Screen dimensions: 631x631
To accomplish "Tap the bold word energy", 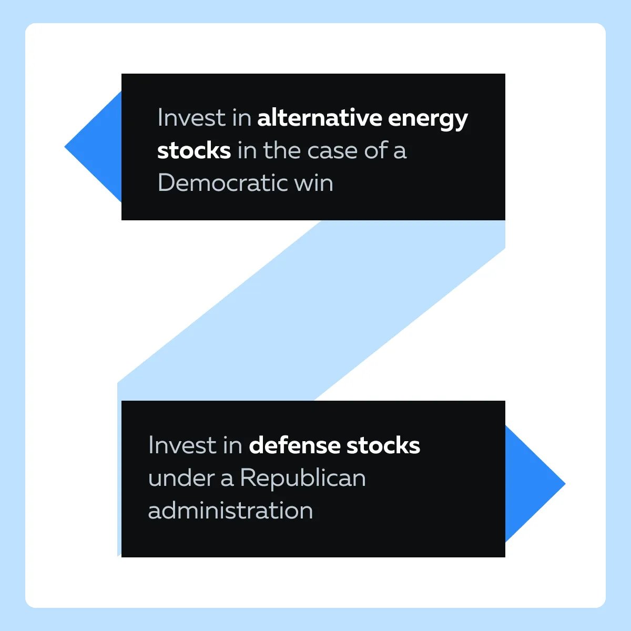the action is pyautogui.click(x=428, y=120).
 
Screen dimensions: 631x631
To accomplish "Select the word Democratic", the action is pyautogui.click(x=222, y=182).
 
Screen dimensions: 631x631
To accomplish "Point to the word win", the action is pyautogui.click(x=314, y=182).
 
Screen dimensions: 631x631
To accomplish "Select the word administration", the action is pyautogui.click(x=230, y=510).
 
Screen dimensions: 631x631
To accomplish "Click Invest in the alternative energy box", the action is pyautogui.click(x=191, y=117).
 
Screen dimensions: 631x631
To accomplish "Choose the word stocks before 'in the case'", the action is pyautogui.click(x=194, y=150).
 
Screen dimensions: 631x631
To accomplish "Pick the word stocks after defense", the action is pyautogui.click(x=383, y=445).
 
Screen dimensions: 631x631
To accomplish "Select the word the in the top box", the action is pyautogui.click(x=282, y=150).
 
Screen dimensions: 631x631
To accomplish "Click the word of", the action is pyautogui.click(x=376, y=150).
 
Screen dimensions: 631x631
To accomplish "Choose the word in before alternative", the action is pyautogui.click(x=242, y=117).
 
